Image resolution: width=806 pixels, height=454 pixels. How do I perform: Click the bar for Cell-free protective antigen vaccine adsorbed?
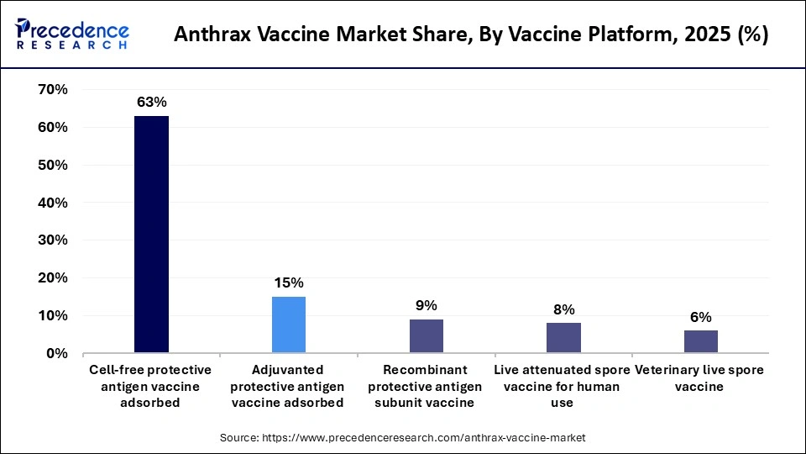click(151, 235)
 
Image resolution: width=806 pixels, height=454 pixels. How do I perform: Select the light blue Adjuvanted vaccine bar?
click(289, 325)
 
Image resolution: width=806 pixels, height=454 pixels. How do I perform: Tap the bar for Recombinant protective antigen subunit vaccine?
click(426, 336)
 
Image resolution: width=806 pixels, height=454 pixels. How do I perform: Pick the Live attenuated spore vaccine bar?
click(563, 338)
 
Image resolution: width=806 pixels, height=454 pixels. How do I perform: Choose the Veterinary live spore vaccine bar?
click(700, 341)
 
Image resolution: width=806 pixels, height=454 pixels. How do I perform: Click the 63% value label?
click(151, 103)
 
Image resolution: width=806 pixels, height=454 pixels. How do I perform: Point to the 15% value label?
click(289, 283)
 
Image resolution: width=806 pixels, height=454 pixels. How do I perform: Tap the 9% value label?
click(426, 306)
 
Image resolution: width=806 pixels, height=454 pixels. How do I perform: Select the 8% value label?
click(563, 309)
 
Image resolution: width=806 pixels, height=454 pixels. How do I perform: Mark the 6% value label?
click(700, 317)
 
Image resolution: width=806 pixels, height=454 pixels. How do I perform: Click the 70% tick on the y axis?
click(53, 89)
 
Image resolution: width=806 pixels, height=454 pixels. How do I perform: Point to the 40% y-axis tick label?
click(53, 203)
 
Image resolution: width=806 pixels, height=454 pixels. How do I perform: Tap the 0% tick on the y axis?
click(57, 354)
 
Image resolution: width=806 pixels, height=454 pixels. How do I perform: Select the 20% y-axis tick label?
click(53, 278)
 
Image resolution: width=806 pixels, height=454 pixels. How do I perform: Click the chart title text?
click(471, 36)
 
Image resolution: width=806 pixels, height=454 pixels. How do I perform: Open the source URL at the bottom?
click(403, 438)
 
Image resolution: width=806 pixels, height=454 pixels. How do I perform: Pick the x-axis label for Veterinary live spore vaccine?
click(700, 378)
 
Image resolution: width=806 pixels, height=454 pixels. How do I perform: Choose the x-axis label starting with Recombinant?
click(426, 386)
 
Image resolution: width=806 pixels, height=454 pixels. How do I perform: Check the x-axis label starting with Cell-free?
click(151, 386)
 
